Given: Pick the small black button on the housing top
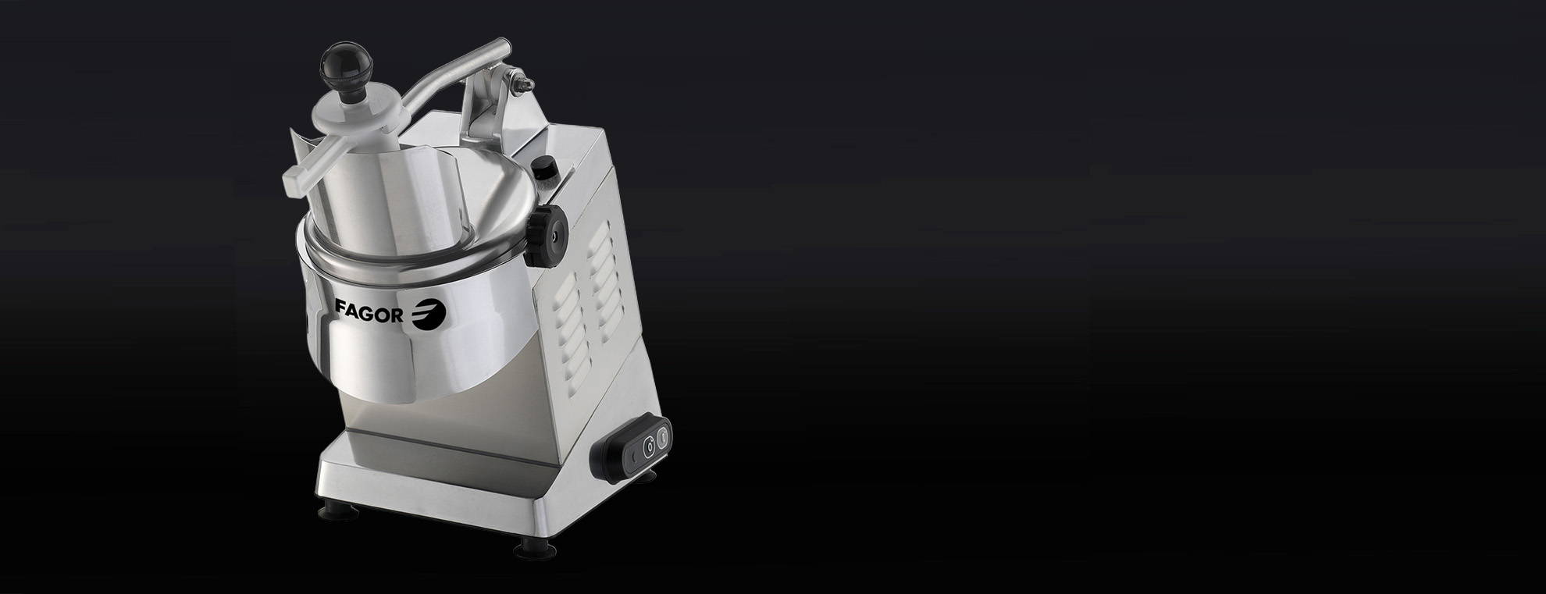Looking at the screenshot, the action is [543, 168].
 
